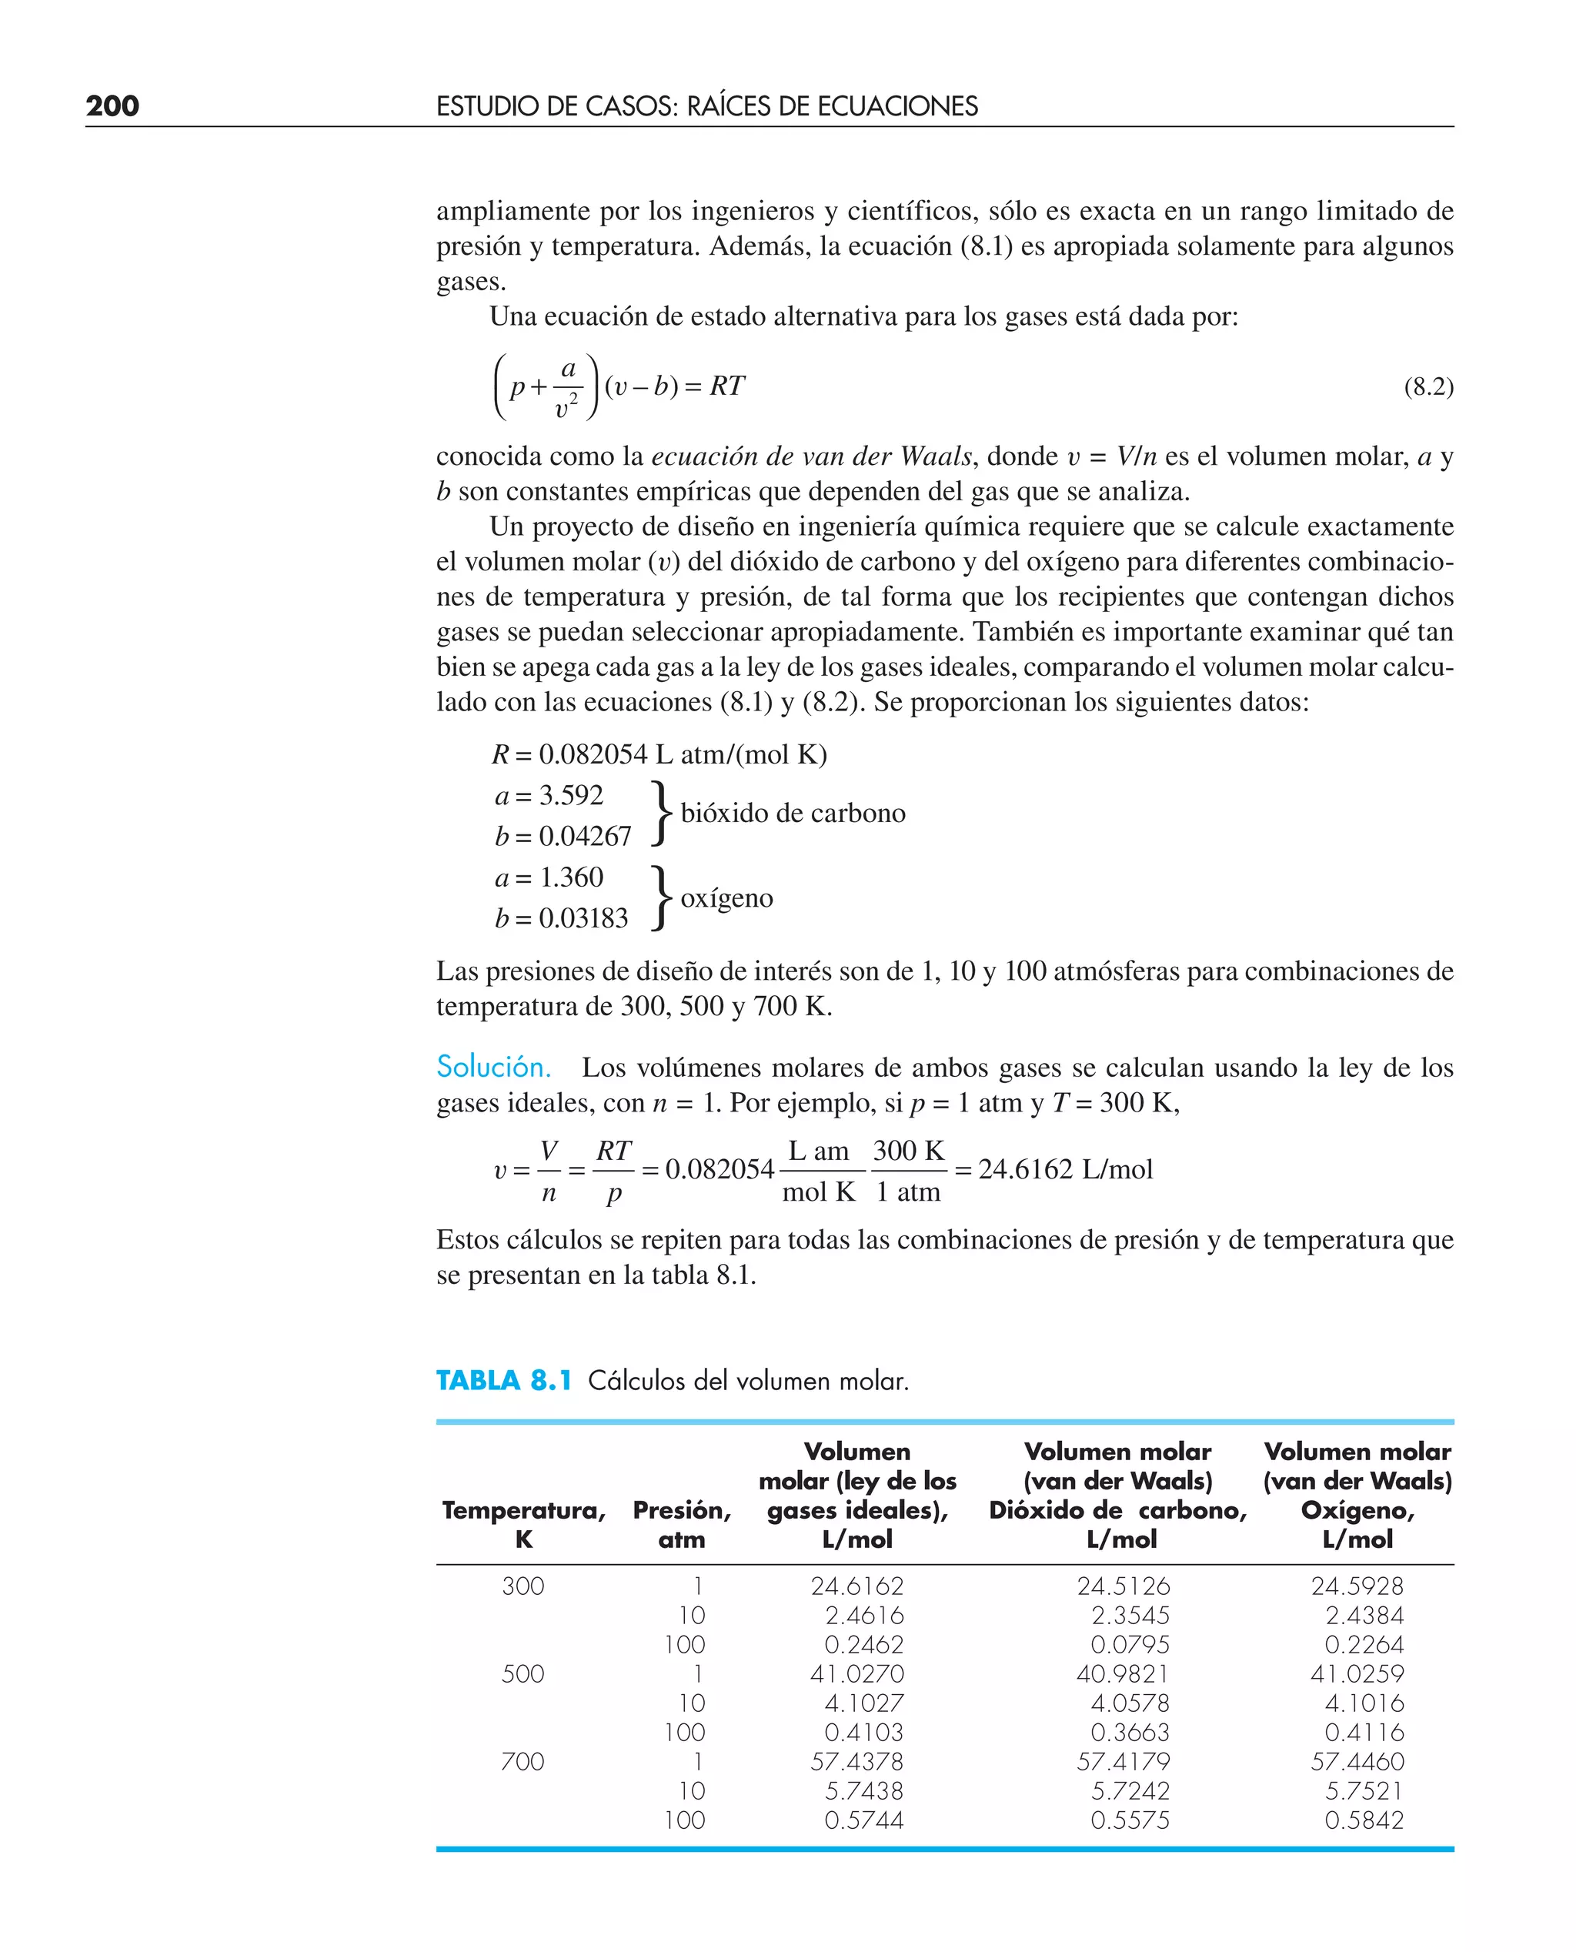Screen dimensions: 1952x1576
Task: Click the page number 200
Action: point(112,106)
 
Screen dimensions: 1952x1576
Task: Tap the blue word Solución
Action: point(493,1067)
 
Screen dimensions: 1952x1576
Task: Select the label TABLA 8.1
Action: point(504,1381)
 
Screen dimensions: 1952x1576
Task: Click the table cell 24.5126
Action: point(1123,1586)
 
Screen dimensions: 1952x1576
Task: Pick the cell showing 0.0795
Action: point(1130,1644)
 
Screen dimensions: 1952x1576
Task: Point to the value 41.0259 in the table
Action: point(1357,1673)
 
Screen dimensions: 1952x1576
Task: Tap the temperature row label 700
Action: point(523,1761)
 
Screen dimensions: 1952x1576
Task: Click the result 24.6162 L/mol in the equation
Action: point(1065,1169)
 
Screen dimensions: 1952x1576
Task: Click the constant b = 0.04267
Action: point(563,836)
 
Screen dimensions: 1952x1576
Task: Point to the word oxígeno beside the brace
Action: point(726,898)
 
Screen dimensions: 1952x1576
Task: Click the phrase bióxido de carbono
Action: point(793,813)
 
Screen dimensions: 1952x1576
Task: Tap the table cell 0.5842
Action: point(1364,1820)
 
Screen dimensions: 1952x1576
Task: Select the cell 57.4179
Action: point(1123,1761)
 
